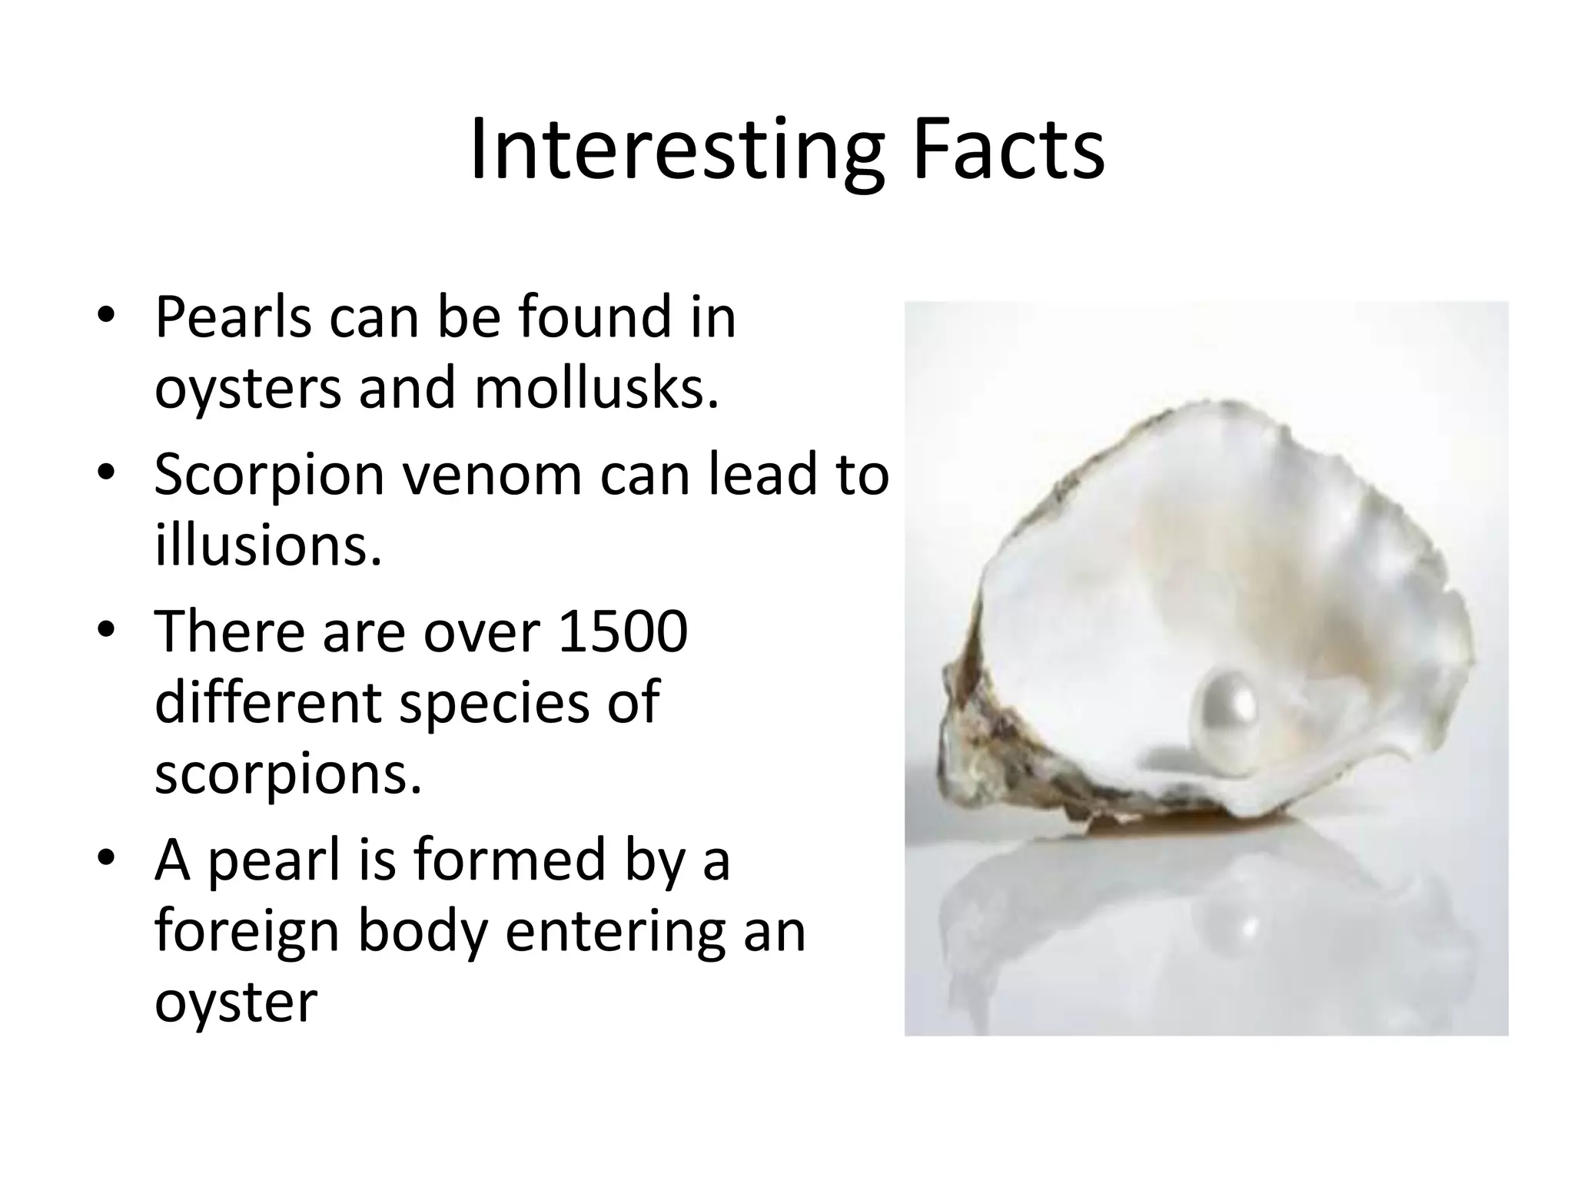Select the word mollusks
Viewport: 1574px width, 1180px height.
[596, 388]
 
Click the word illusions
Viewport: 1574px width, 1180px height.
[267, 545]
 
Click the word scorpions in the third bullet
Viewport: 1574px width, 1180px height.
[288, 774]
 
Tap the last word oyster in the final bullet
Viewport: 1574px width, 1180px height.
[236, 1003]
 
